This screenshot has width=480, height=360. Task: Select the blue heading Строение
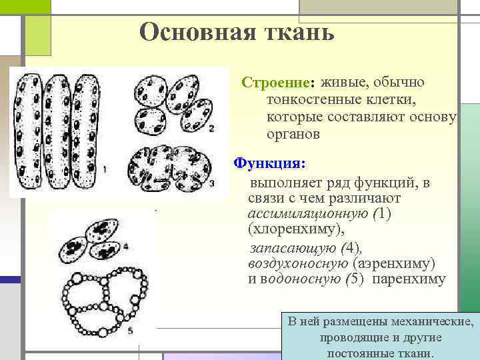[x=275, y=84]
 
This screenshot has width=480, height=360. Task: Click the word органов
[x=293, y=133]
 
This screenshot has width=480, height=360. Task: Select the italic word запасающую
[x=293, y=248]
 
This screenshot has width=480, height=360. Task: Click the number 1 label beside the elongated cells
[x=105, y=170]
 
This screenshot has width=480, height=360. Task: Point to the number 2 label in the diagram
[x=211, y=127]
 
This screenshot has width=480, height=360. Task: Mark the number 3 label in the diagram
[x=211, y=182]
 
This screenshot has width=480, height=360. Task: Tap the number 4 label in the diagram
[x=125, y=247]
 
